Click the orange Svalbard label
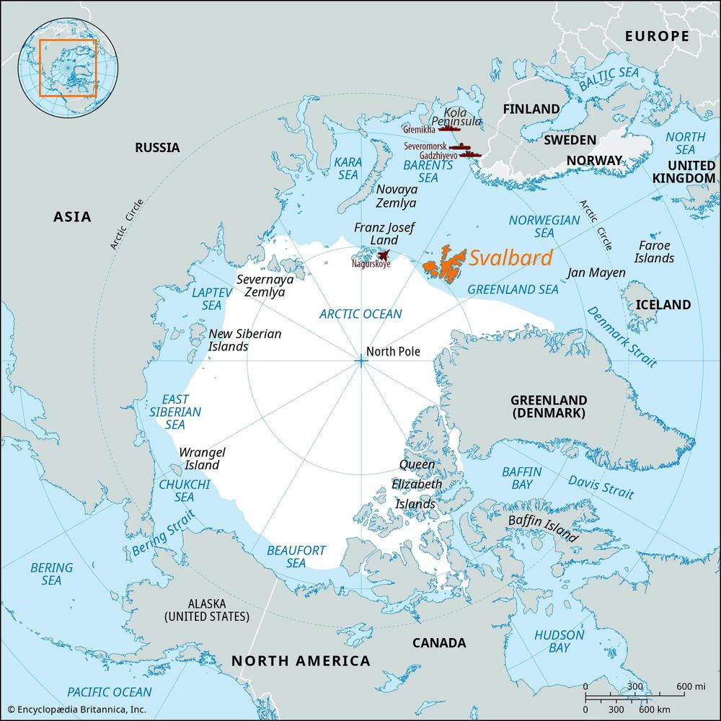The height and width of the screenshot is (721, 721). tap(510, 258)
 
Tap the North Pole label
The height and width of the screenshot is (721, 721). tap(393, 352)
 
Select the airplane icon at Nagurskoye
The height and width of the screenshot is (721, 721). tap(384, 255)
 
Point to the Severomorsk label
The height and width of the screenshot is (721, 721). tap(425, 146)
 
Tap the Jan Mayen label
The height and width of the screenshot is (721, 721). tap(596, 273)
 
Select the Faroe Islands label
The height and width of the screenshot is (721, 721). tap(654, 251)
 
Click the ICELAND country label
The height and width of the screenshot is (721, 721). tap(663, 304)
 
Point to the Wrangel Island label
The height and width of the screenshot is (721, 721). tap(202, 459)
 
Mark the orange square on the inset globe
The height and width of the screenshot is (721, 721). tap(67, 68)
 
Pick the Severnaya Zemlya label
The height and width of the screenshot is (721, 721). tap(265, 286)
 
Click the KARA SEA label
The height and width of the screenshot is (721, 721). tap(347, 169)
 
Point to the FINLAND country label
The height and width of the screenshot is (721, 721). tap(531, 109)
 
